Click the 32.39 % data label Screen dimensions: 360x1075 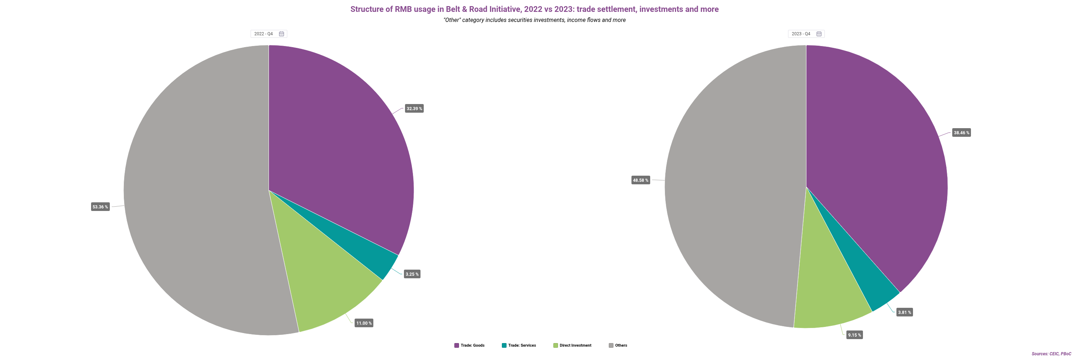[414, 108]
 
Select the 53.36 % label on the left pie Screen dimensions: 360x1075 [100, 207]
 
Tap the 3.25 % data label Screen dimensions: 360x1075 [412, 274]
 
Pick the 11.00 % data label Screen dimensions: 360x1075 [364, 323]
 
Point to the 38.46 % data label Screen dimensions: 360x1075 [961, 132]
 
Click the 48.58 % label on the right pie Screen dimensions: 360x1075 [640, 180]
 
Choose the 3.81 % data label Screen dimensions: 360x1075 [904, 312]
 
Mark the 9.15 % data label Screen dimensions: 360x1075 [854, 335]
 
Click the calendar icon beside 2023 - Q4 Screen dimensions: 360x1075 [819, 34]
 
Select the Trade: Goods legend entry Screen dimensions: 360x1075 [469, 345]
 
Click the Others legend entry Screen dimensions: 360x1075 [618, 345]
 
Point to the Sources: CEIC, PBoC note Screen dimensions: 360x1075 [1051, 354]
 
